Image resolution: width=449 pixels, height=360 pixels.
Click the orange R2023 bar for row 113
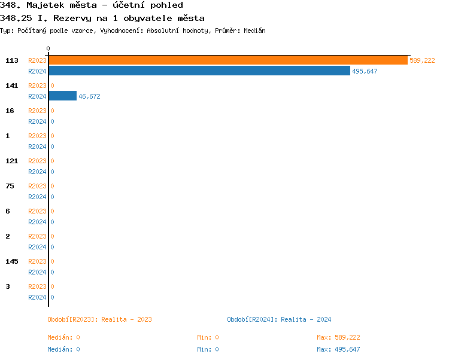227,60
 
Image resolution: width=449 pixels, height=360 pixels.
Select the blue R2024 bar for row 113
199,71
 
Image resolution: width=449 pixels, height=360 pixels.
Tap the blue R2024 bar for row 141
62,96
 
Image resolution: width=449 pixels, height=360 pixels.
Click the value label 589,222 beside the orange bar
422,60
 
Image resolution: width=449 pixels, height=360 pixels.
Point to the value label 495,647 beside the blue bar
365,71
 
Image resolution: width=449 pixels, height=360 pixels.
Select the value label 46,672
89,96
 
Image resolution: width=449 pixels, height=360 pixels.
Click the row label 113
11,60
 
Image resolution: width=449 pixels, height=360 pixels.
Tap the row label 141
11,86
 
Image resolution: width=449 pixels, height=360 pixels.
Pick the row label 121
11,161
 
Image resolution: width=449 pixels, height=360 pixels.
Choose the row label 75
10,186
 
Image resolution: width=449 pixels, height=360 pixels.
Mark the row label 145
11,261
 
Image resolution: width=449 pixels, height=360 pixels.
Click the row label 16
10,111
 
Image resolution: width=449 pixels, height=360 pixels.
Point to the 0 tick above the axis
48,48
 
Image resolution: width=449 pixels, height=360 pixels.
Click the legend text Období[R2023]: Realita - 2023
99,319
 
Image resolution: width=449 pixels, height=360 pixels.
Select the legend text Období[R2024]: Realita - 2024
279,319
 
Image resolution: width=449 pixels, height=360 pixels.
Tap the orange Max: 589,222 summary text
338,337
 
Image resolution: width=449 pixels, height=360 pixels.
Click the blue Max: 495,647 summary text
338,349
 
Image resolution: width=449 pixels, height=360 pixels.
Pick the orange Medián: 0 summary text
63,337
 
